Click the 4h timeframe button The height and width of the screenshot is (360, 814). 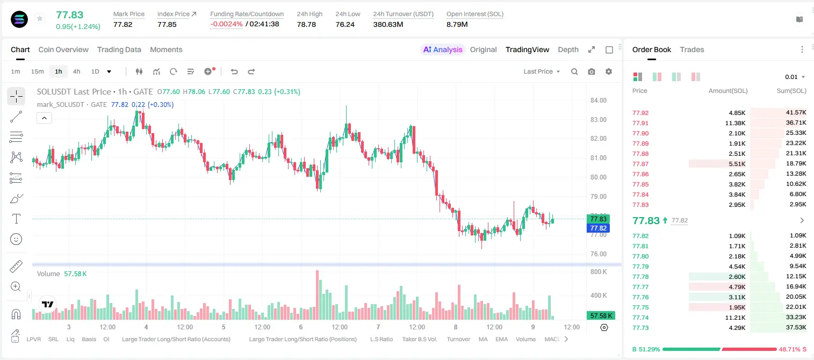(x=76, y=71)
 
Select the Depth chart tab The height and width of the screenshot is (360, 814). (x=568, y=49)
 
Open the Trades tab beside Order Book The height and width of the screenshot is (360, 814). (x=692, y=49)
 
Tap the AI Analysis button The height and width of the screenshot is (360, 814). (x=443, y=49)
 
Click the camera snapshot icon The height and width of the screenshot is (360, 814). (x=592, y=71)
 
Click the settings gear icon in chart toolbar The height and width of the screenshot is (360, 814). (x=609, y=71)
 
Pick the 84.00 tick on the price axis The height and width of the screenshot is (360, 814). (x=599, y=100)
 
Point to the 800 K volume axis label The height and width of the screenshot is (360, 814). (x=599, y=272)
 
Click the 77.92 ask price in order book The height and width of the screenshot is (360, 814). (x=640, y=113)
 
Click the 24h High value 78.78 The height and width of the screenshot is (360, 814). (x=306, y=24)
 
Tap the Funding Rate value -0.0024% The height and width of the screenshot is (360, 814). (x=226, y=24)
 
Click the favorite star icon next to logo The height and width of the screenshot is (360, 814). (x=40, y=18)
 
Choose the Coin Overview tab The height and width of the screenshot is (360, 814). (x=63, y=49)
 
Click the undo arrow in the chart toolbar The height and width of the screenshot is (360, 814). (x=234, y=71)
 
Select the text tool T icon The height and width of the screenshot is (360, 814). (x=16, y=219)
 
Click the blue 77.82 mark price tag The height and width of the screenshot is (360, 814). (x=598, y=228)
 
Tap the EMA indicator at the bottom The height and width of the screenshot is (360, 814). (x=501, y=339)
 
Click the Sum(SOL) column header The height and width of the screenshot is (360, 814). (x=791, y=91)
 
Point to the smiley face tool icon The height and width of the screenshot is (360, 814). (x=16, y=239)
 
